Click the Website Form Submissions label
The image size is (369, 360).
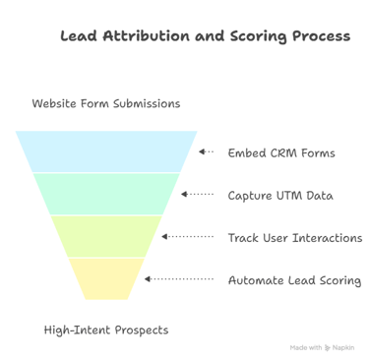pyautogui.click(x=106, y=103)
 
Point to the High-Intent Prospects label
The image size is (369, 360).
pyautogui.click(x=106, y=330)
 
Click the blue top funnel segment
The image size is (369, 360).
pyautogui.click(x=106, y=151)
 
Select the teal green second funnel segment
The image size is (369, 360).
pyautogui.click(x=106, y=194)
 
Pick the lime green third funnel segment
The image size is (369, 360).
pyautogui.click(x=106, y=237)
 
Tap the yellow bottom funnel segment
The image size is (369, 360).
pyautogui.click(x=106, y=279)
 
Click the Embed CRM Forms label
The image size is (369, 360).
pyautogui.click(x=281, y=152)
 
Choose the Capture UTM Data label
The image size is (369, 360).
pyautogui.click(x=280, y=195)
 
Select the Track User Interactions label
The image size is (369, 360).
pyautogui.click(x=295, y=238)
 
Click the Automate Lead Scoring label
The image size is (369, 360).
pyautogui.click(x=294, y=280)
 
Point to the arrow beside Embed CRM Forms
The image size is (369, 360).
pyautogui.click(x=206, y=152)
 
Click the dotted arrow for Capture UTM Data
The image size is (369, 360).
pyautogui.click(x=197, y=195)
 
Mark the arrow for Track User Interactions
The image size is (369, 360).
pyautogui.click(x=187, y=237)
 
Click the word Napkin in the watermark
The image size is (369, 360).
pyautogui.click(x=343, y=347)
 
